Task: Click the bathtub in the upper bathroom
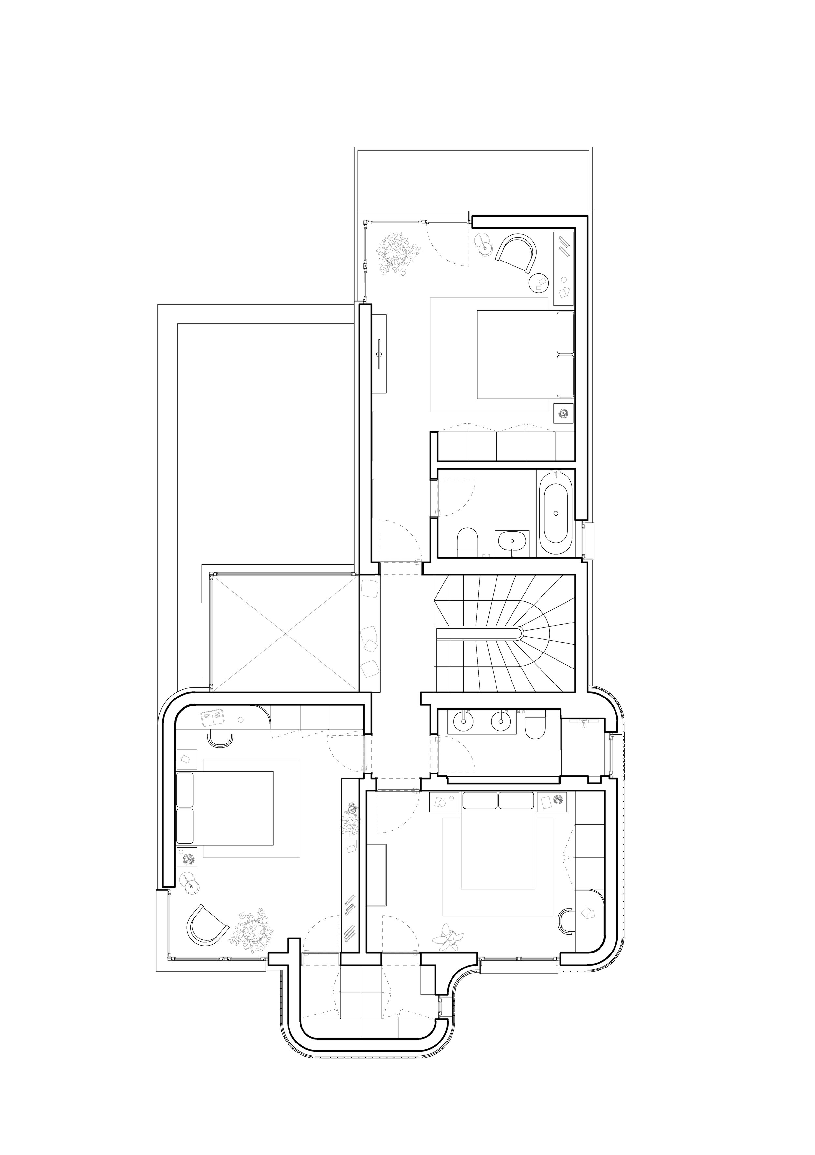[x=556, y=514]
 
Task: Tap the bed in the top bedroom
[x=518, y=355]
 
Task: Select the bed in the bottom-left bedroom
[x=226, y=815]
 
